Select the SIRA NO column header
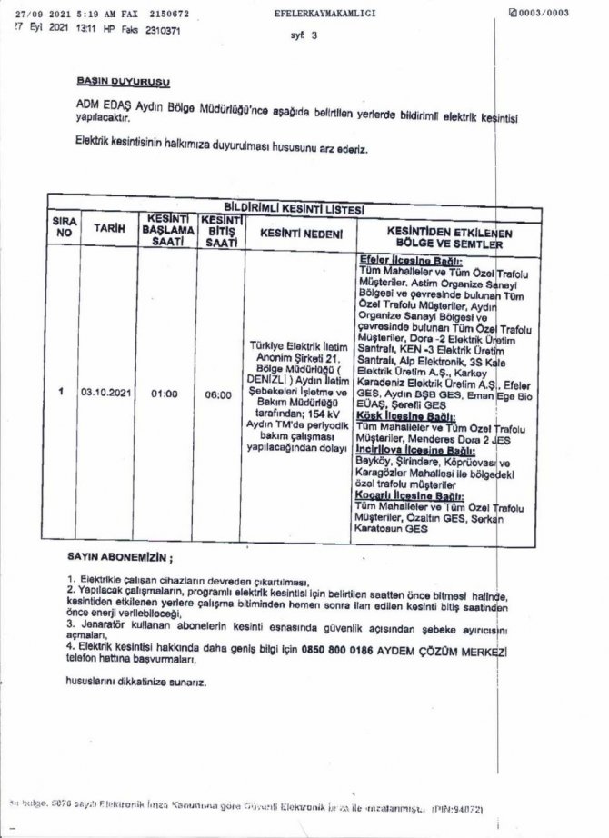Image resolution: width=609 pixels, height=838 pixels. [63, 227]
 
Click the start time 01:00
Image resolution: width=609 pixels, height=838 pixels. [165, 394]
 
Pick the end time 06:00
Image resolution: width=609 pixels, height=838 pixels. [219, 394]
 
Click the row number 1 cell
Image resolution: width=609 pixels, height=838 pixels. [61, 393]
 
